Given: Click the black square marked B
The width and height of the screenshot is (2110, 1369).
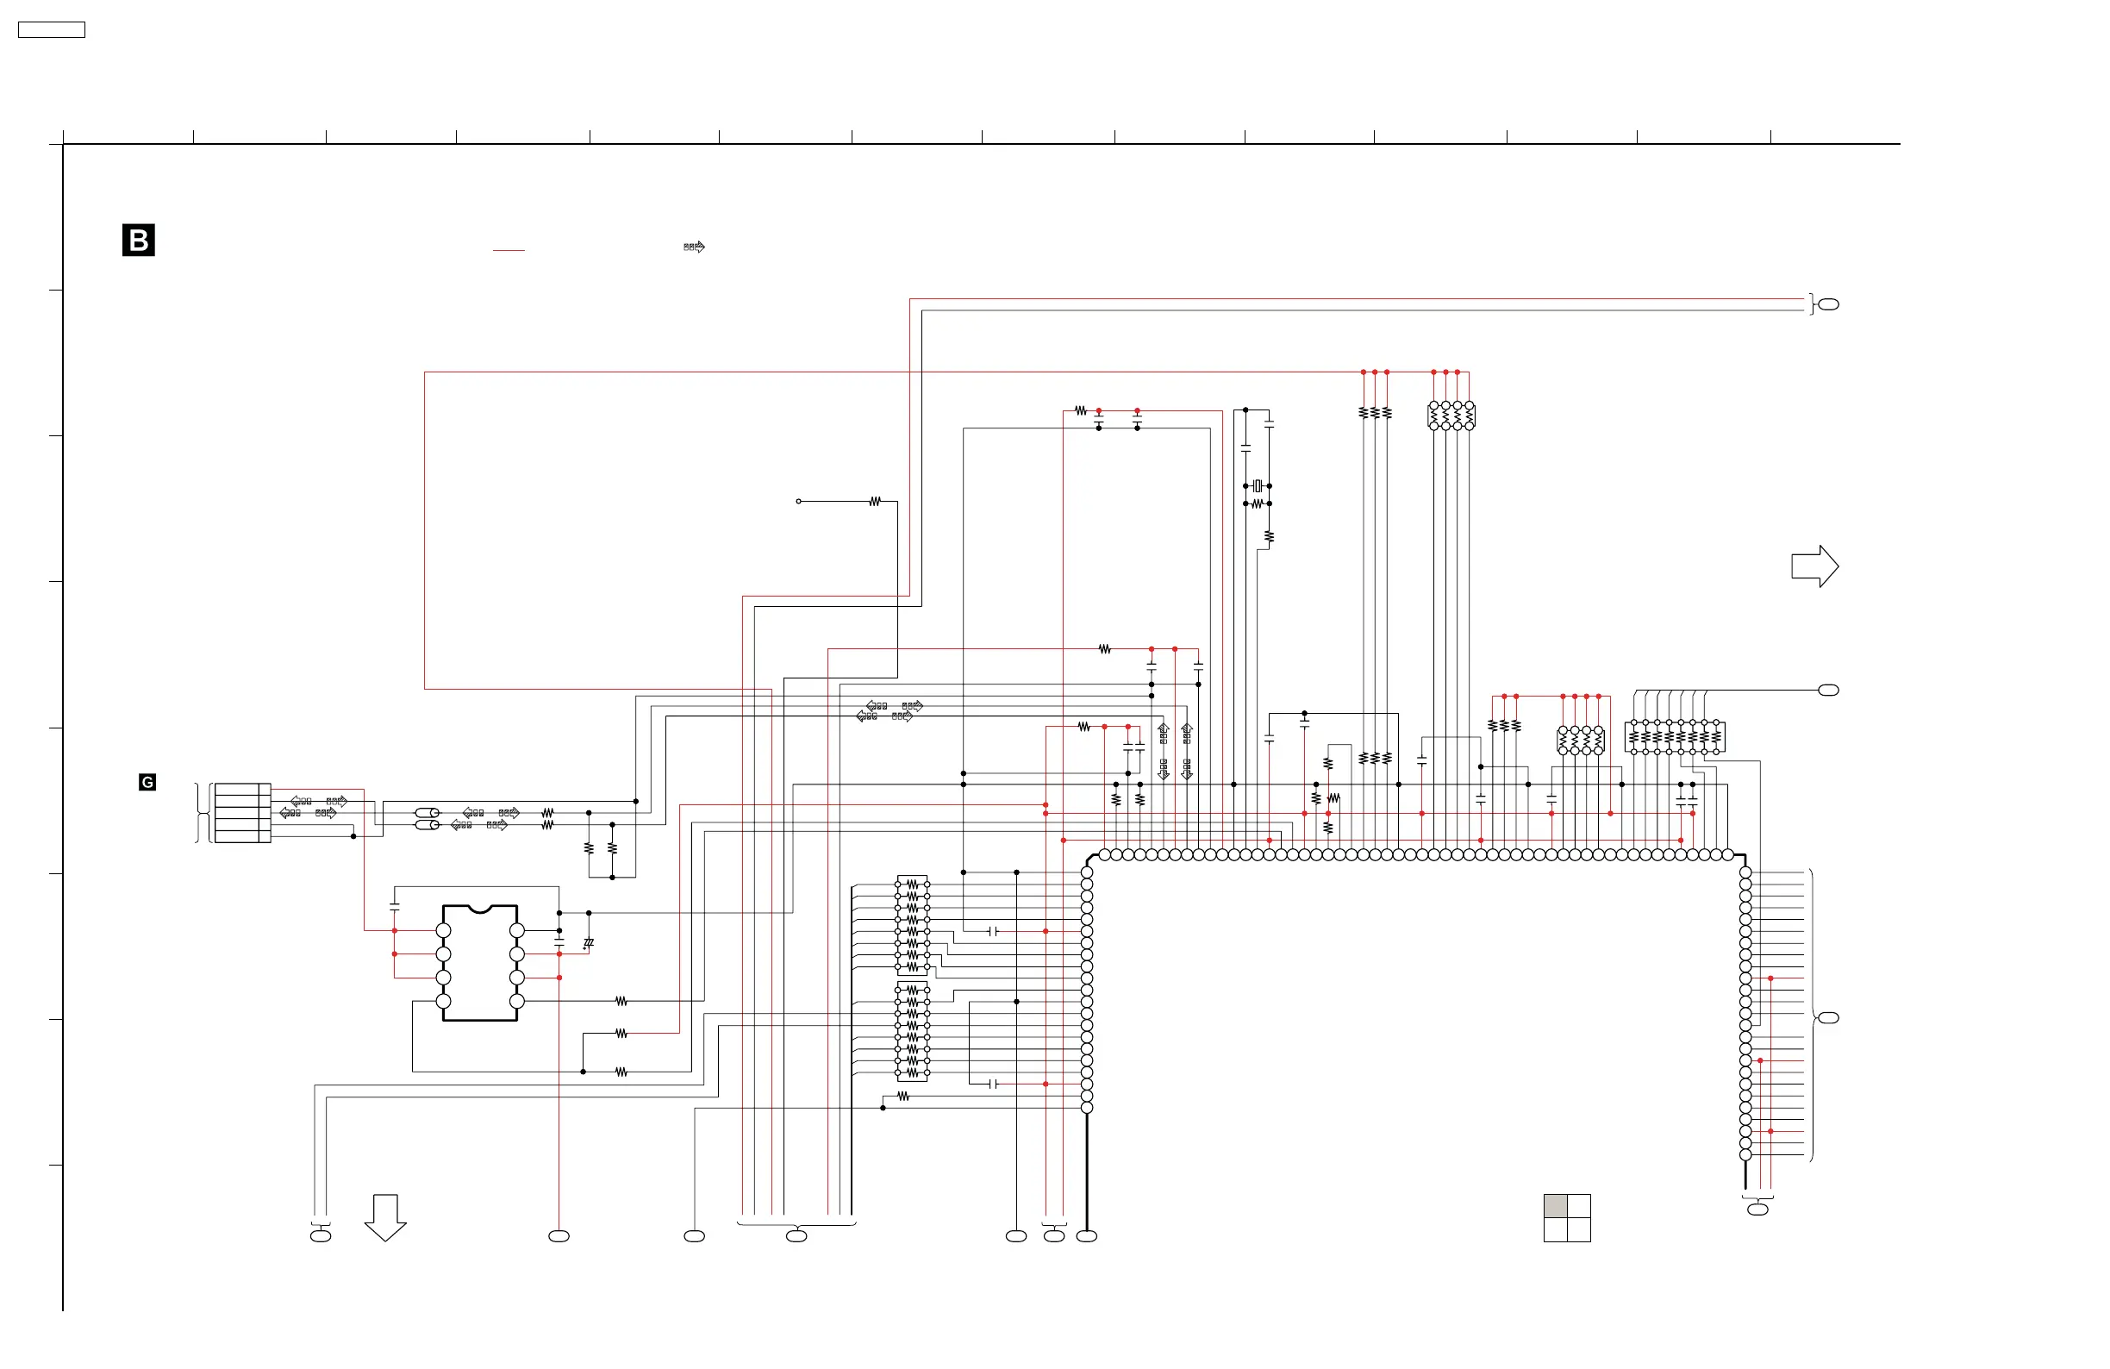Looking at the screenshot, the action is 138,241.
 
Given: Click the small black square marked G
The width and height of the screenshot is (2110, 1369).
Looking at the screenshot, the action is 147,782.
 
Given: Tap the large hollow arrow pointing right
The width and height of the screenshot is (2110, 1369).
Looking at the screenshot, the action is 1813,566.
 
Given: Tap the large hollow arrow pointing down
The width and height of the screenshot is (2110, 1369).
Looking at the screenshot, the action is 384,1216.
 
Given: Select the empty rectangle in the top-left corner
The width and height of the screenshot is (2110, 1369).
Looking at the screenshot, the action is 52,30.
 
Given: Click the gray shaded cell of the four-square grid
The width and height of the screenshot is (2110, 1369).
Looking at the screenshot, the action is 1555,1206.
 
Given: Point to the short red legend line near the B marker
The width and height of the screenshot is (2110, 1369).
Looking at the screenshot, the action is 508,251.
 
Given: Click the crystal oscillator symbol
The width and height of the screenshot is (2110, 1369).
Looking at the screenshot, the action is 1258,486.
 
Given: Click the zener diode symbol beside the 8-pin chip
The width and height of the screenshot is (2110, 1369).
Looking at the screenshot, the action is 588,943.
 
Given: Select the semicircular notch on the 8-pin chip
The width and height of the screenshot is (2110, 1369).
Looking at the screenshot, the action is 479,908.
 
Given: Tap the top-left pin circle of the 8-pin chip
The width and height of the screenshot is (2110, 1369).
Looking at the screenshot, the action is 443,930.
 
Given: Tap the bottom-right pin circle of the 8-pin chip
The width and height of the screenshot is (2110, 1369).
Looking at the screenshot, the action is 517,1001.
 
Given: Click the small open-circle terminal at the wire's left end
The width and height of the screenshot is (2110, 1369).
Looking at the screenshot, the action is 799,502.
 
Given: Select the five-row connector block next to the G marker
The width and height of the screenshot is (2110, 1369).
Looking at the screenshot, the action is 242,812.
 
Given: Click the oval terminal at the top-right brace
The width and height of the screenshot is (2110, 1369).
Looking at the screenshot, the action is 1828,305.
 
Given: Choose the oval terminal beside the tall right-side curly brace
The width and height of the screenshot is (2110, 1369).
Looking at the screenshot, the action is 1828,1018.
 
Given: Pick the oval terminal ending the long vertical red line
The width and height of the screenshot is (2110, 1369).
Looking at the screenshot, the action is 559,1236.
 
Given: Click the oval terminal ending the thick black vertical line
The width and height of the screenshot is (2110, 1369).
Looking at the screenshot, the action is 1087,1236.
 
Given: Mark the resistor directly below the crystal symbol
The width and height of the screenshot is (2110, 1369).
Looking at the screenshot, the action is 1258,503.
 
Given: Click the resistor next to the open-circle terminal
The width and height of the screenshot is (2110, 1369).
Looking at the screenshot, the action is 875,502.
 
